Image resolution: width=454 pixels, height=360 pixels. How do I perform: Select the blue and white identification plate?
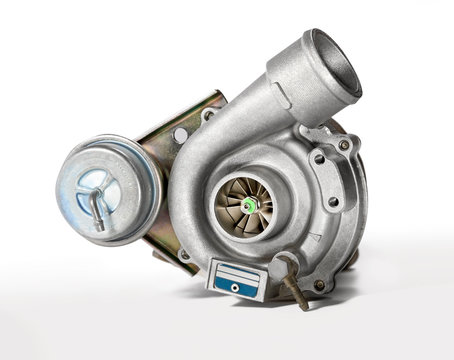click(x=238, y=279)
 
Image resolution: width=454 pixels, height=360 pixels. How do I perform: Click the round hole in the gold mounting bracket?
click(x=180, y=135)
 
